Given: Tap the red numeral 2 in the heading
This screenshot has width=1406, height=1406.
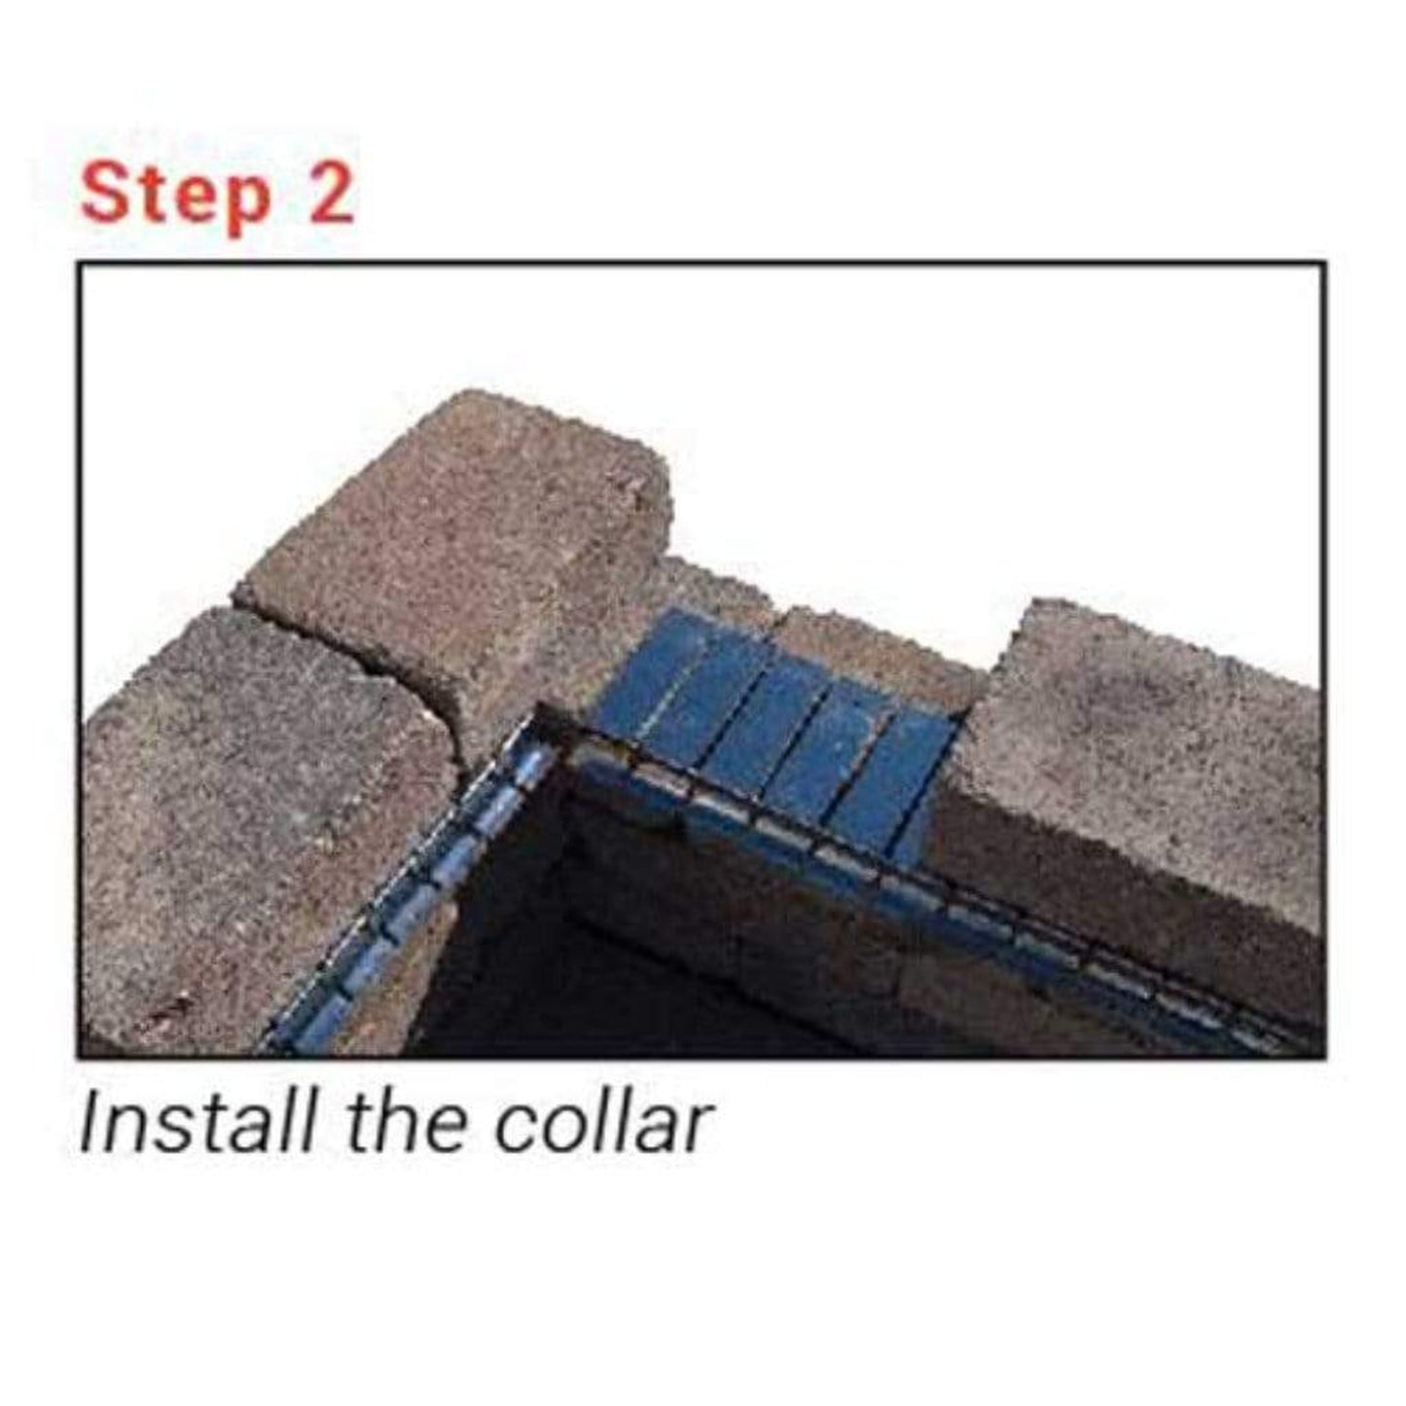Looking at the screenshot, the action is [330, 192].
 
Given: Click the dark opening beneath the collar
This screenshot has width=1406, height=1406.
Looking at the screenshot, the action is [657, 963].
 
